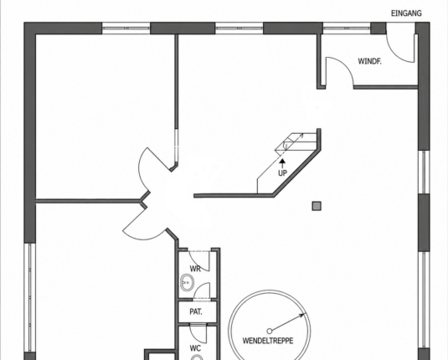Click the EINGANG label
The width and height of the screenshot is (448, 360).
(406, 13)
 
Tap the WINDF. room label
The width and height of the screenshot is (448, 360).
(369, 61)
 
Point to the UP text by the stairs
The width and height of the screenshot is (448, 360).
(282, 172)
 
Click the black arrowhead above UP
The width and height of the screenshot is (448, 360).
(282, 162)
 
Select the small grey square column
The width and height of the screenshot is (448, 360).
(317, 206)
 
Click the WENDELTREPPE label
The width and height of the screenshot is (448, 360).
(268, 341)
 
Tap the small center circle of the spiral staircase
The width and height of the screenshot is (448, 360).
(269, 332)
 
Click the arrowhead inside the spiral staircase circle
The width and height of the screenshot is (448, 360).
(301, 316)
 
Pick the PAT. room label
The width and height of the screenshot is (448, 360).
(196, 311)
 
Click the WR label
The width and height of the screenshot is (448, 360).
(195, 269)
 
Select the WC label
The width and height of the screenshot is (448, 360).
(195, 348)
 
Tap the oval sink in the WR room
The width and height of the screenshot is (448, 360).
(187, 283)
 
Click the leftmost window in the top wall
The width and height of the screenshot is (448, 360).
(126, 28)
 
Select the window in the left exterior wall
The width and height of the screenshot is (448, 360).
(29, 297)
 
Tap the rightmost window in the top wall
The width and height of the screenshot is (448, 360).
(347, 28)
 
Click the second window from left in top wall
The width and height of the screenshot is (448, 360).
(239, 28)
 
